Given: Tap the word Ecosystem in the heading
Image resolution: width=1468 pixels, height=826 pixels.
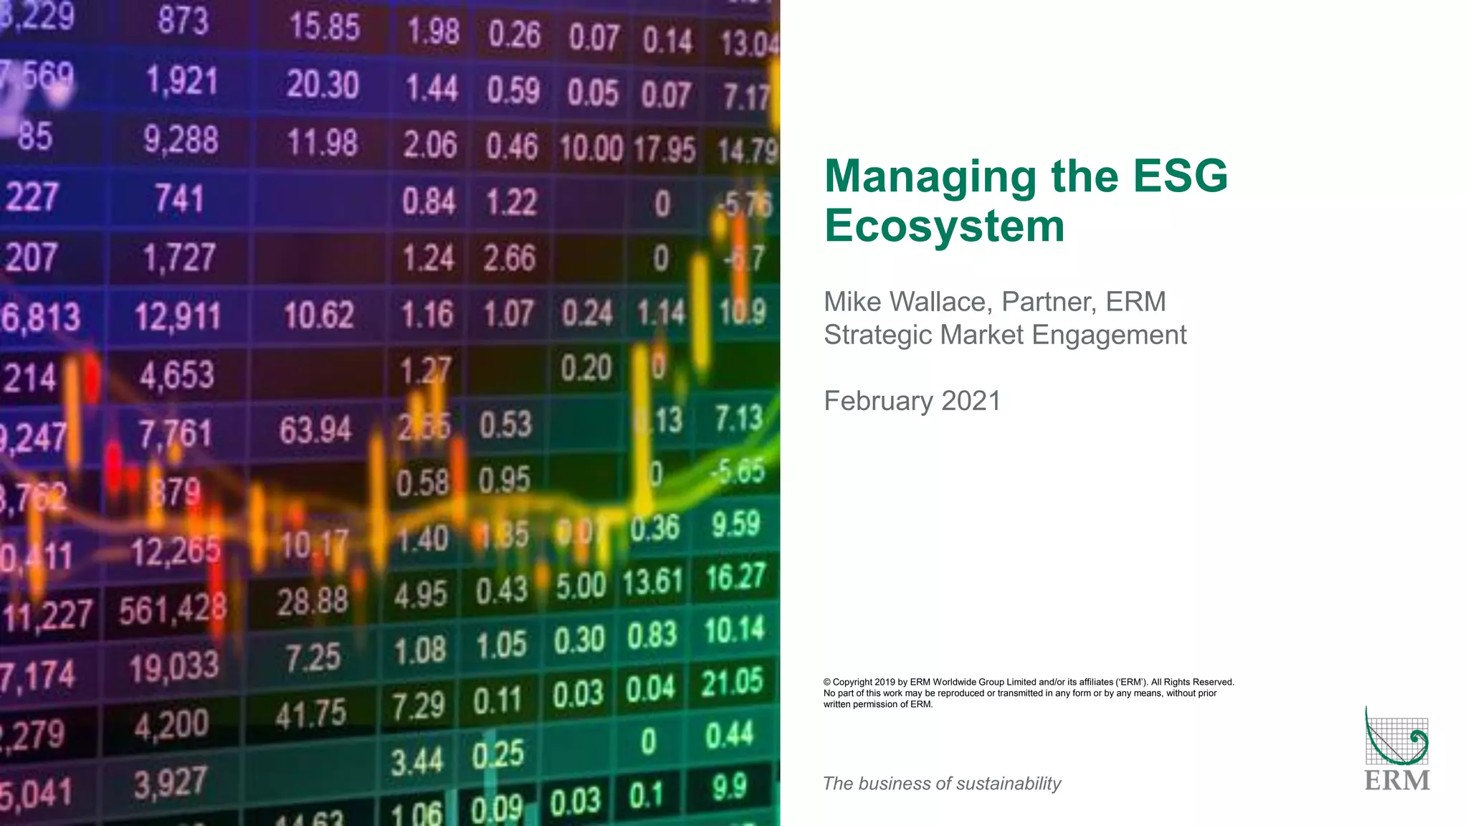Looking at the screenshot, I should (944, 226).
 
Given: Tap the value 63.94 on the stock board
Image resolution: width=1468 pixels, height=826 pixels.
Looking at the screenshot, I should (315, 430).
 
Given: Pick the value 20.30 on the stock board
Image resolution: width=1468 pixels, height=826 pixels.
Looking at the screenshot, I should (323, 85).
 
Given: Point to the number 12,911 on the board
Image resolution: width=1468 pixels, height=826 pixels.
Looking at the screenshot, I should (178, 316).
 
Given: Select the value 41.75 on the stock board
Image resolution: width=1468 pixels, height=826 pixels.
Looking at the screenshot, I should (311, 713).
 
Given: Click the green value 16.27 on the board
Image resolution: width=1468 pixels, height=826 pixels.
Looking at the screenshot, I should (735, 577).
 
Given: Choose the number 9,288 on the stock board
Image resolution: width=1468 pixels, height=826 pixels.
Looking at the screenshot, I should (181, 139).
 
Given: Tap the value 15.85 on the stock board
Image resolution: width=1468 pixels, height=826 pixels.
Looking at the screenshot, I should (324, 27).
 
